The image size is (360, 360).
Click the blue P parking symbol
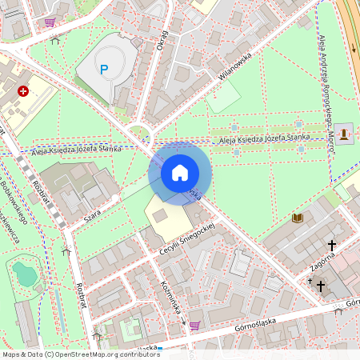coord(103,70)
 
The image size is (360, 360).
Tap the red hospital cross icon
coord(23,92)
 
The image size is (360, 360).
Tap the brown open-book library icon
coord(298,218)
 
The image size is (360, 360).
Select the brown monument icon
coord(344,133)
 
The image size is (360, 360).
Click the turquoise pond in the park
coord(24,274)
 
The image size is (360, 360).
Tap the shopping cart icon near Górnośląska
coord(194,325)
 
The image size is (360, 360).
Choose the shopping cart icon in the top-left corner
coord(50,22)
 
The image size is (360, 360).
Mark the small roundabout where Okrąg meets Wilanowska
coord(140,133)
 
